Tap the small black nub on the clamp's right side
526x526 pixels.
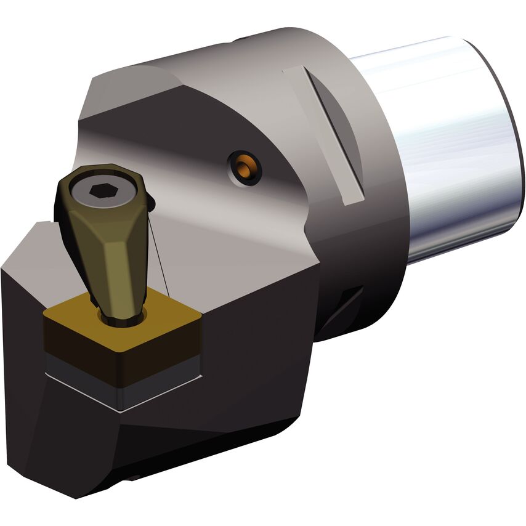151,201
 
